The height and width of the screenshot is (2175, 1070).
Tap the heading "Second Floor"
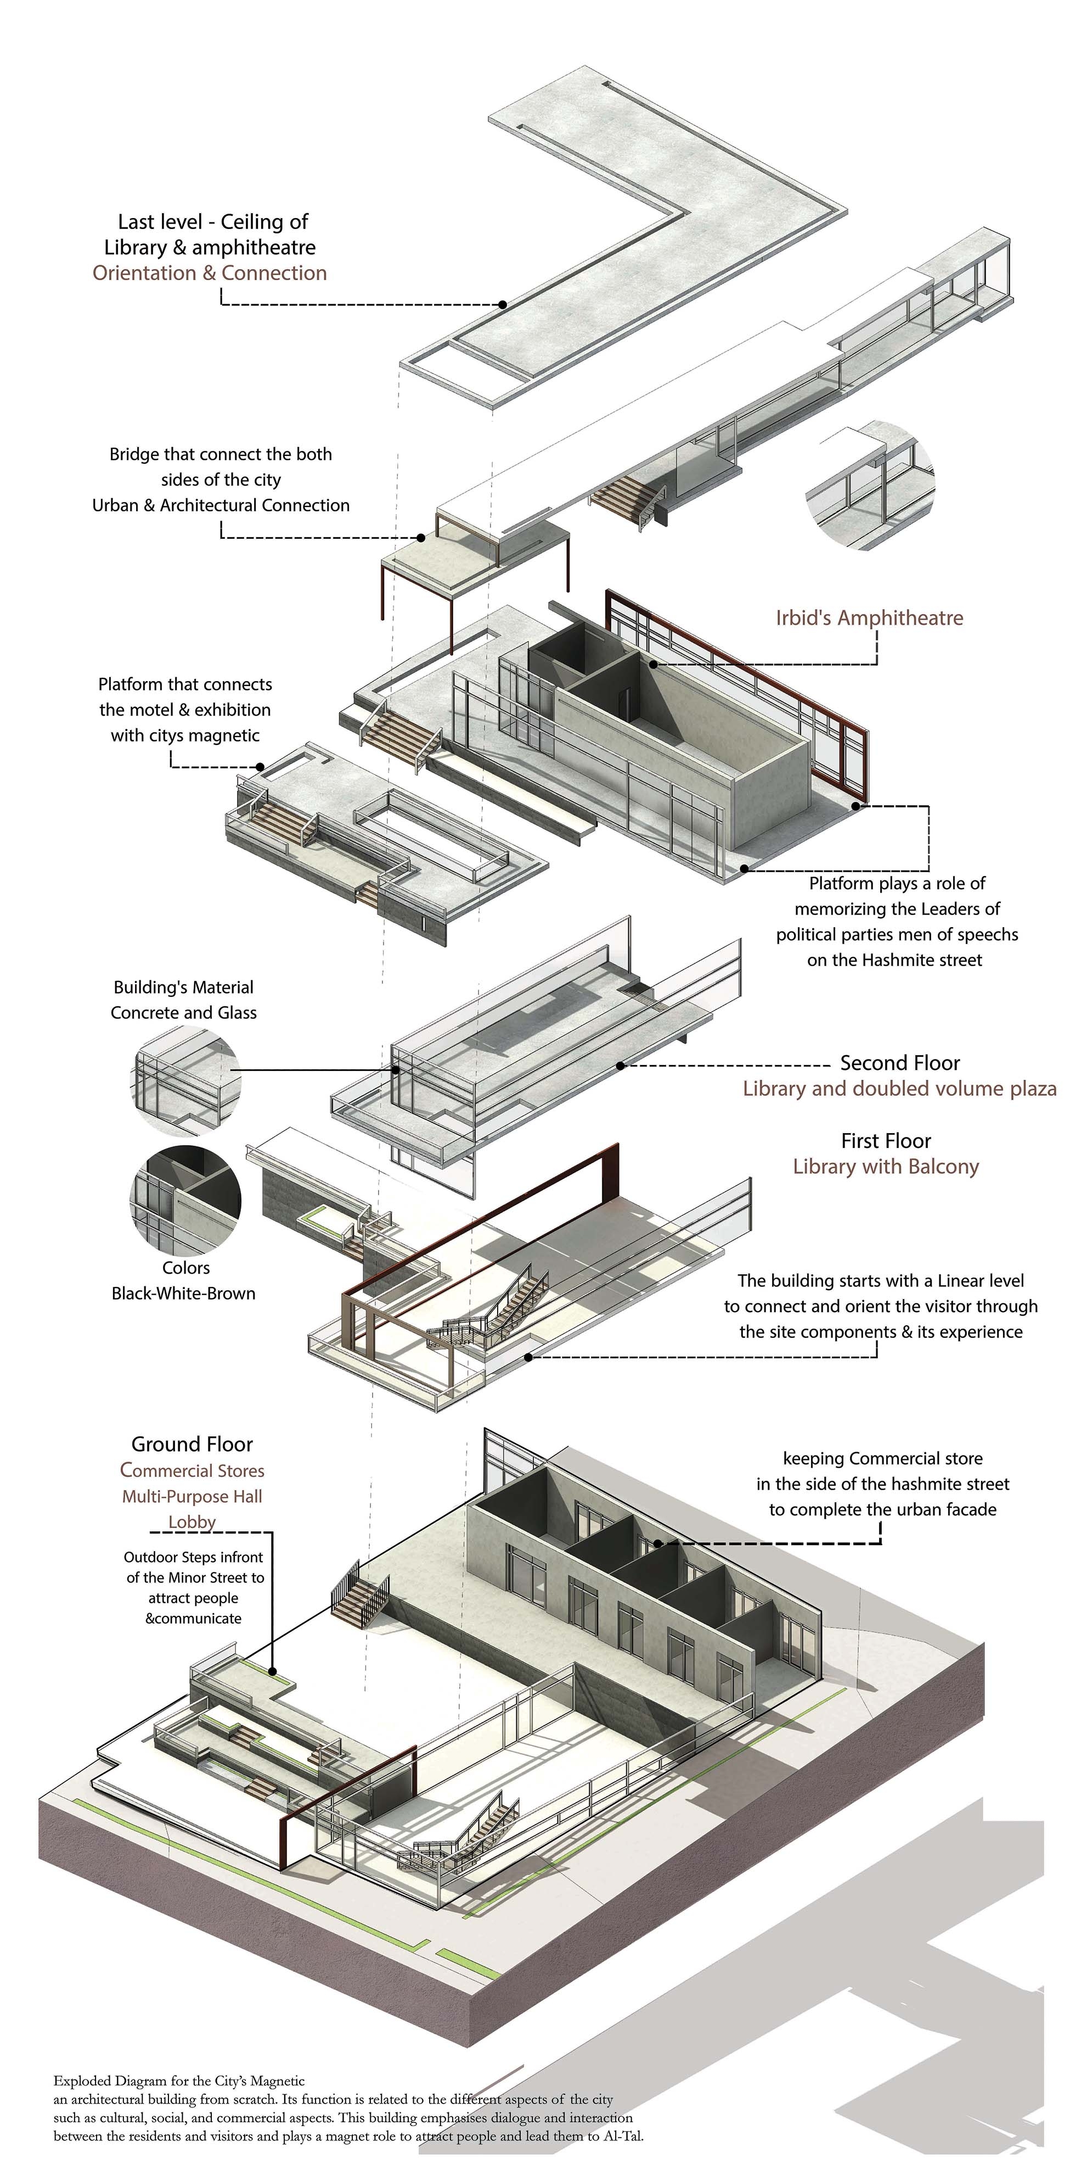899,1063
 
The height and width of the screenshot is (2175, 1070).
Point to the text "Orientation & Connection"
209,273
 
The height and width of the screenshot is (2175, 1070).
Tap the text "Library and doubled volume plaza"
899,1089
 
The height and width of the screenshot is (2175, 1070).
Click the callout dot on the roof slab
502,304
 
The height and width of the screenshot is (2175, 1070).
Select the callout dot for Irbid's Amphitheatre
653,665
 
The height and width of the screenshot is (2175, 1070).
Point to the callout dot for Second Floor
620,1066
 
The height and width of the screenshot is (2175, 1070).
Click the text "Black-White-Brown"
183,1293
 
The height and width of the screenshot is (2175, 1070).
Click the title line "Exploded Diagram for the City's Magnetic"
179,2081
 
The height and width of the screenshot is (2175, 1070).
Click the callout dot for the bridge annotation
420,538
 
